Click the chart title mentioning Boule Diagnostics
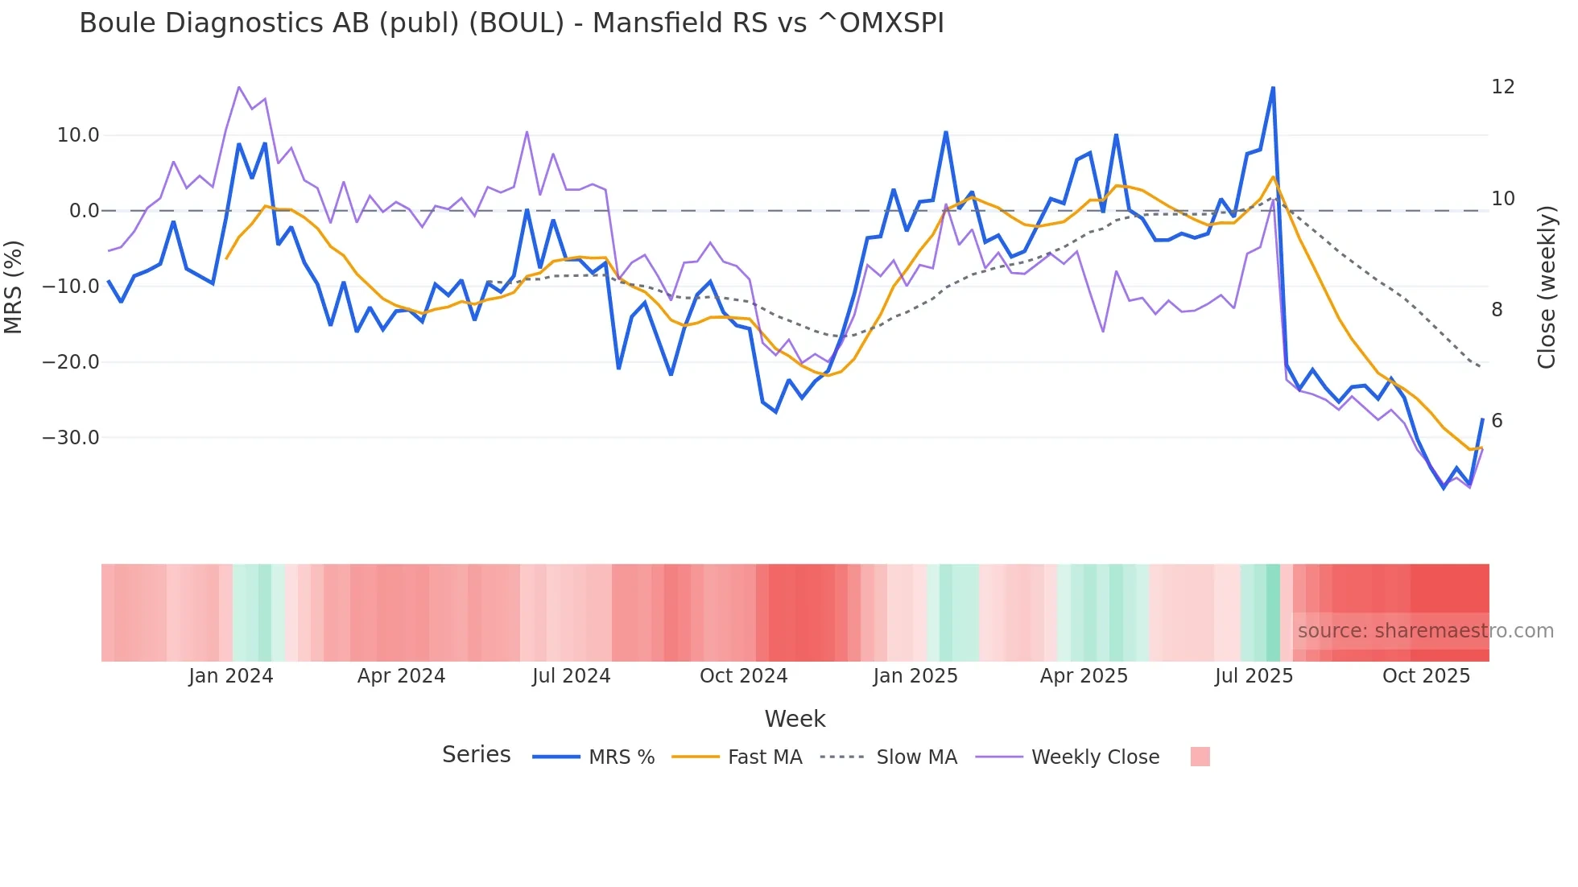pyautogui.click(x=511, y=23)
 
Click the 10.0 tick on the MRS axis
pyautogui.click(x=78, y=135)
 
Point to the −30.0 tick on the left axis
pyautogui.click(x=71, y=438)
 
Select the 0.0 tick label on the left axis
pyautogui.click(x=84, y=211)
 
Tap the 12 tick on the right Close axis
pyautogui.click(x=1502, y=87)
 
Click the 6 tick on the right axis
pyautogui.click(x=1497, y=421)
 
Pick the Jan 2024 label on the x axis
pyautogui.click(x=231, y=676)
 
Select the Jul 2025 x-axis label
pyautogui.click(x=1254, y=676)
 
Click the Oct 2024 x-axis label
pyautogui.click(x=743, y=676)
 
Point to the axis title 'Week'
pyautogui.click(x=795, y=719)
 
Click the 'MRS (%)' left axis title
pyautogui.click(x=14, y=287)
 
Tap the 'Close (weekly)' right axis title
pyautogui.click(x=1546, y=287)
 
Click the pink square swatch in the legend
pyautogui.click(x=1200, y=757)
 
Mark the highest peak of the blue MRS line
pyautogui.click(x=1273, y=87)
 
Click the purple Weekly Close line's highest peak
pyautogui.click(x=239, y=87)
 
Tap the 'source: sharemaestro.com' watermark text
pyautogui.click(x=1425, y=631)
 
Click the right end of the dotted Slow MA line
pyautogui.click(x=1481, y=367)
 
